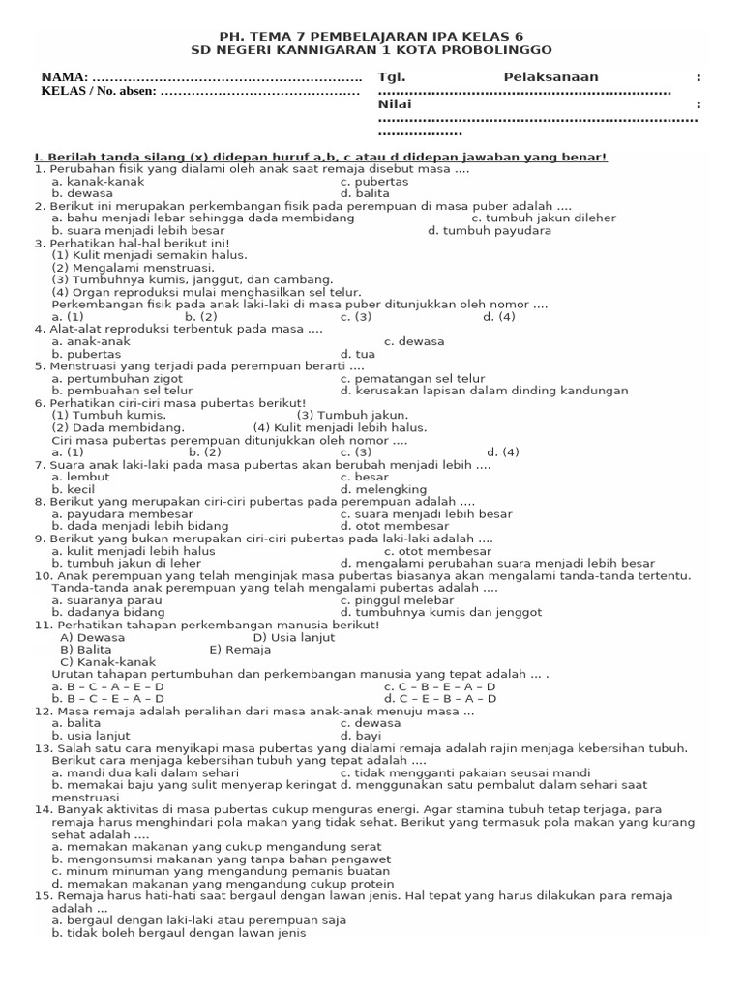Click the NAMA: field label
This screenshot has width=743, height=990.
click(65, 77)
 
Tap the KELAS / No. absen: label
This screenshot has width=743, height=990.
click(98, 92)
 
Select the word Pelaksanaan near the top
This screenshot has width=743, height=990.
click(550, 77)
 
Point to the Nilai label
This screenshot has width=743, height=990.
click(395, 104)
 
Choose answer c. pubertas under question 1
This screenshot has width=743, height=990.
click(374, 181)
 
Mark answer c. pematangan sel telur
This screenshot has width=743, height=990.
click(417, 378)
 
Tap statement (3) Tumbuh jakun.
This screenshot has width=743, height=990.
click(340, 415)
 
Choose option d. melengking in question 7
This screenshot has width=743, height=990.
click(384, 489)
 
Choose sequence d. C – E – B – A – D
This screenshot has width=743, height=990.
click(440, 698)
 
